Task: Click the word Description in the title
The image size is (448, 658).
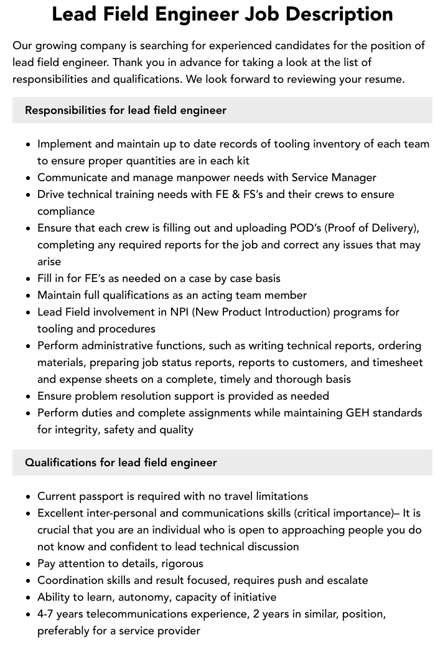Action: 334,14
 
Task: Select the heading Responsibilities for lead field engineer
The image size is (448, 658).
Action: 126,110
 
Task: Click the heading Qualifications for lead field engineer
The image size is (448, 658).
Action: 121,463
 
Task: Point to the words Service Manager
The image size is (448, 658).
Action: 334,177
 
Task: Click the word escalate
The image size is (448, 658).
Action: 345,580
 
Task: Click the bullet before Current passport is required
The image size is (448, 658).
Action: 29,497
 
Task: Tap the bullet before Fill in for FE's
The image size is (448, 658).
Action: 29,279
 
